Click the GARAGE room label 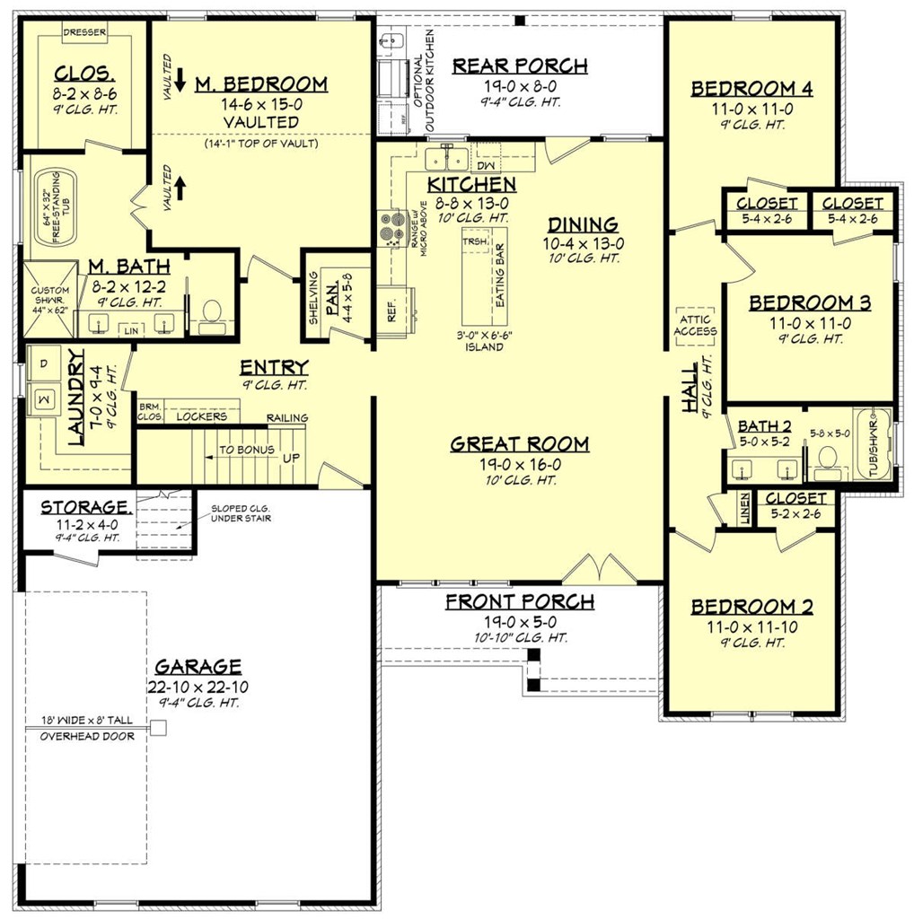(x=198, y=666)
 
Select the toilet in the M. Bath (x=213, y=311)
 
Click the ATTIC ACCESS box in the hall (x=696, y=325)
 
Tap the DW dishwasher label (x=486, y=166)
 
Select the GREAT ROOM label (x=519, y=443)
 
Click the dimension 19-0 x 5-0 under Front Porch (x=519, y=620)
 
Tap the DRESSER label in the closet (x=84, y=32)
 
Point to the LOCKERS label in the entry (x=201, y=416)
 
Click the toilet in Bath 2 (x=828, y=459)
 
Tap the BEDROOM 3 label (x=809, y=302)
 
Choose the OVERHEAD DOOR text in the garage (x=87, y=736)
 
